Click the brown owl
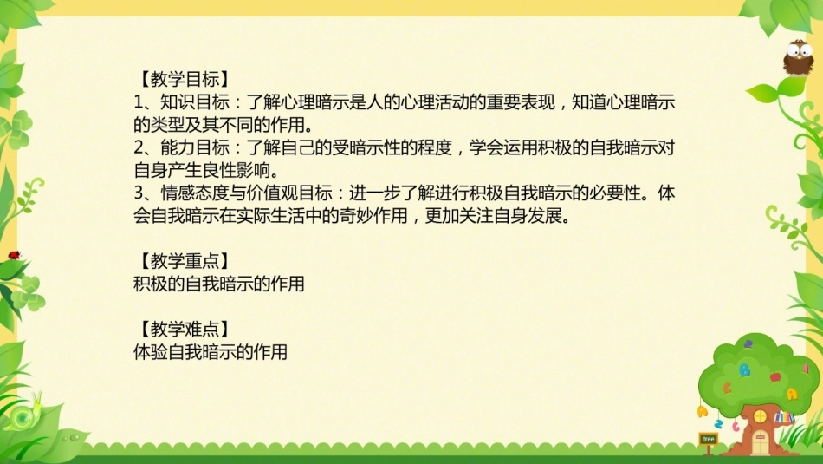pos(797,58)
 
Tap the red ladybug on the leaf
pos(14,255)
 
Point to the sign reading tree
pos(708,440)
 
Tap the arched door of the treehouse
pos(760,442)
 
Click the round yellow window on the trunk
pos(759,415)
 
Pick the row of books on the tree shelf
pos(784,418)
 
